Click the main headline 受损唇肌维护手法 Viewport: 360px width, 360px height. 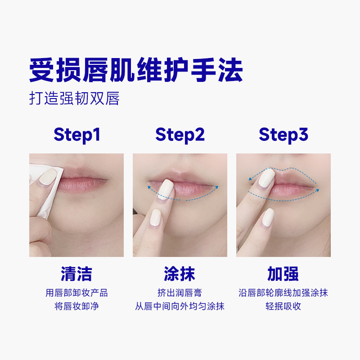pos(136,70)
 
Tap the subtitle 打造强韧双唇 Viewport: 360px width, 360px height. pos(74,98)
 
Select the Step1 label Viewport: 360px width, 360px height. pos(77,135)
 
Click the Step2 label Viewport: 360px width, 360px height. pos(180,135)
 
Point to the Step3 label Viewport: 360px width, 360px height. pos(283,135)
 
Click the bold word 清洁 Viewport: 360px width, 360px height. pos(76,274)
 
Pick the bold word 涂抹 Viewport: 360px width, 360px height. pos(180,274)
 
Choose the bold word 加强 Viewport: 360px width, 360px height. pos(283,274)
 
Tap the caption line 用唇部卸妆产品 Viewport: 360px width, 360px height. pos(76,293)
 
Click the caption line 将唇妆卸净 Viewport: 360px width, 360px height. pos(76,306)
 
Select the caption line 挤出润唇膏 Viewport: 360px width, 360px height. pos(180,293)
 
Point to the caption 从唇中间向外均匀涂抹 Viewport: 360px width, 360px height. pos(180,306)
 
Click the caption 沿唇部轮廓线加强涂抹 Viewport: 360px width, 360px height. pos(283,293)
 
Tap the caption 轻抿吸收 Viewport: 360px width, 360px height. pos(283,306)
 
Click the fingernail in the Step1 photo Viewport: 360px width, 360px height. pos(48,177)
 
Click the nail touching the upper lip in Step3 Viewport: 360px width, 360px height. pos(267,177)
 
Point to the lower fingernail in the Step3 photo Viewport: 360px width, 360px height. pos(268,217)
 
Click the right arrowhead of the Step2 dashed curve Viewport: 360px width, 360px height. pos(216,187)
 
